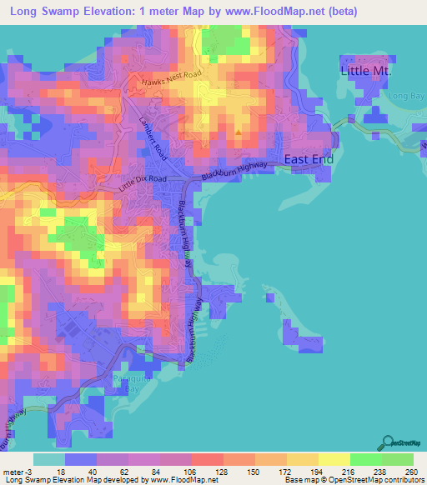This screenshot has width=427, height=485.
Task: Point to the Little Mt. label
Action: coord(365,72)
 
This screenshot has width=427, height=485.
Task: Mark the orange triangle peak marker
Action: coord(239,132)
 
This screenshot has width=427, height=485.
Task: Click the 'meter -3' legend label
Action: coord(18,471)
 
